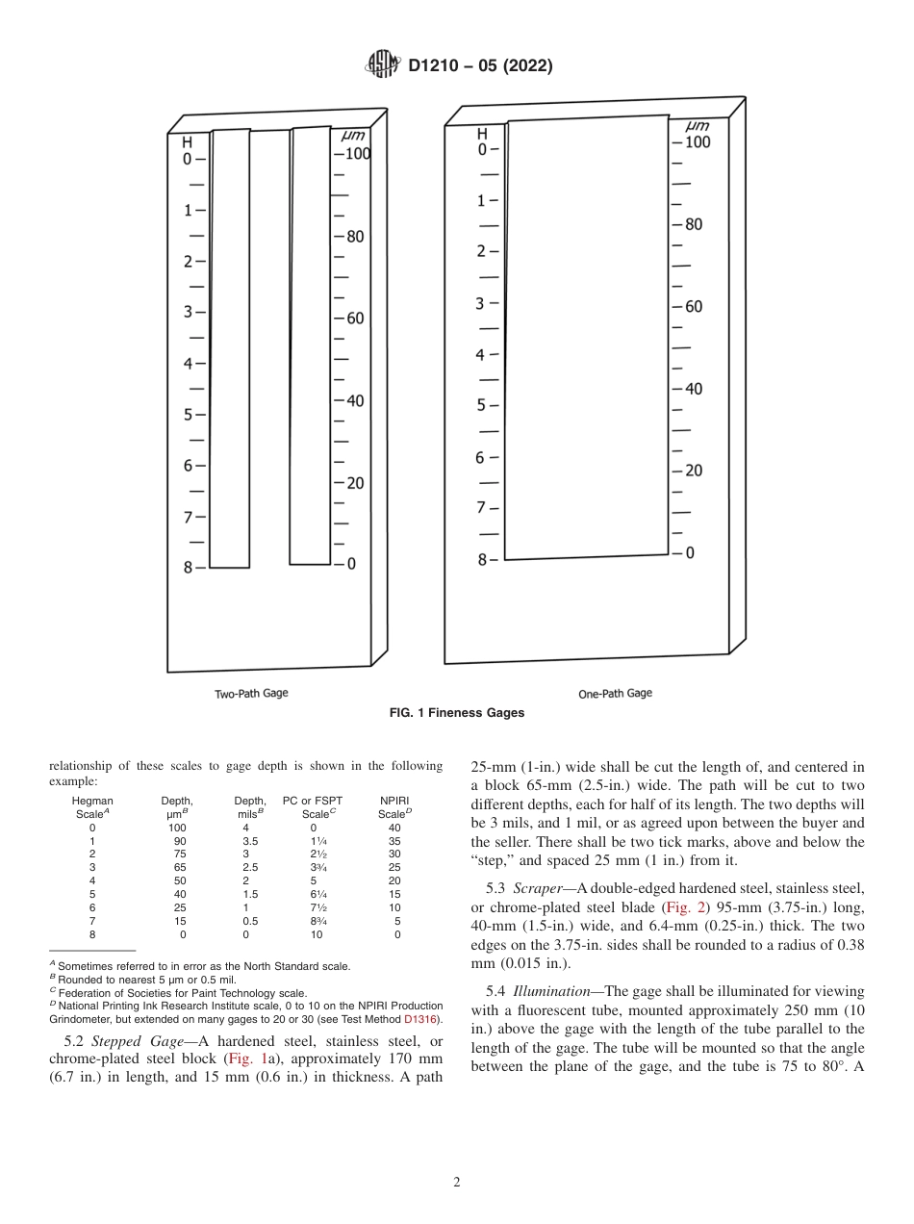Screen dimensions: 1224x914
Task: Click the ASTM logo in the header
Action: pos(382,65)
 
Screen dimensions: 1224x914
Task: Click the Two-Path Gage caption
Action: pos(250,693)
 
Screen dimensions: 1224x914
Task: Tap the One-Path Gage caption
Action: pos(615,693)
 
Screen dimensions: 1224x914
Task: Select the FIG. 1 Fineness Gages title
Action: pos(456,713)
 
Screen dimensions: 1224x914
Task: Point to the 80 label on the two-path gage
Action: pos(355,236)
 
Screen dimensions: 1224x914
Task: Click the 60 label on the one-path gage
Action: pos(693,307)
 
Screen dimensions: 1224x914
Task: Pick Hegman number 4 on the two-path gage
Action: pos(188,364)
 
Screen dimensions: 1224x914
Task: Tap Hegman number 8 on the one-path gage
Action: pos(482,559)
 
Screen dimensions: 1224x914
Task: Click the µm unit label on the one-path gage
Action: pos(698,126)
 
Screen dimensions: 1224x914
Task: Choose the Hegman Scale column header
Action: pos(93,806)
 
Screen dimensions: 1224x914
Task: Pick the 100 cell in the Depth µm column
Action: pos(177,828)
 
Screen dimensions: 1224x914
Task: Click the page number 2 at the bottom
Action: pos(456,1183)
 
